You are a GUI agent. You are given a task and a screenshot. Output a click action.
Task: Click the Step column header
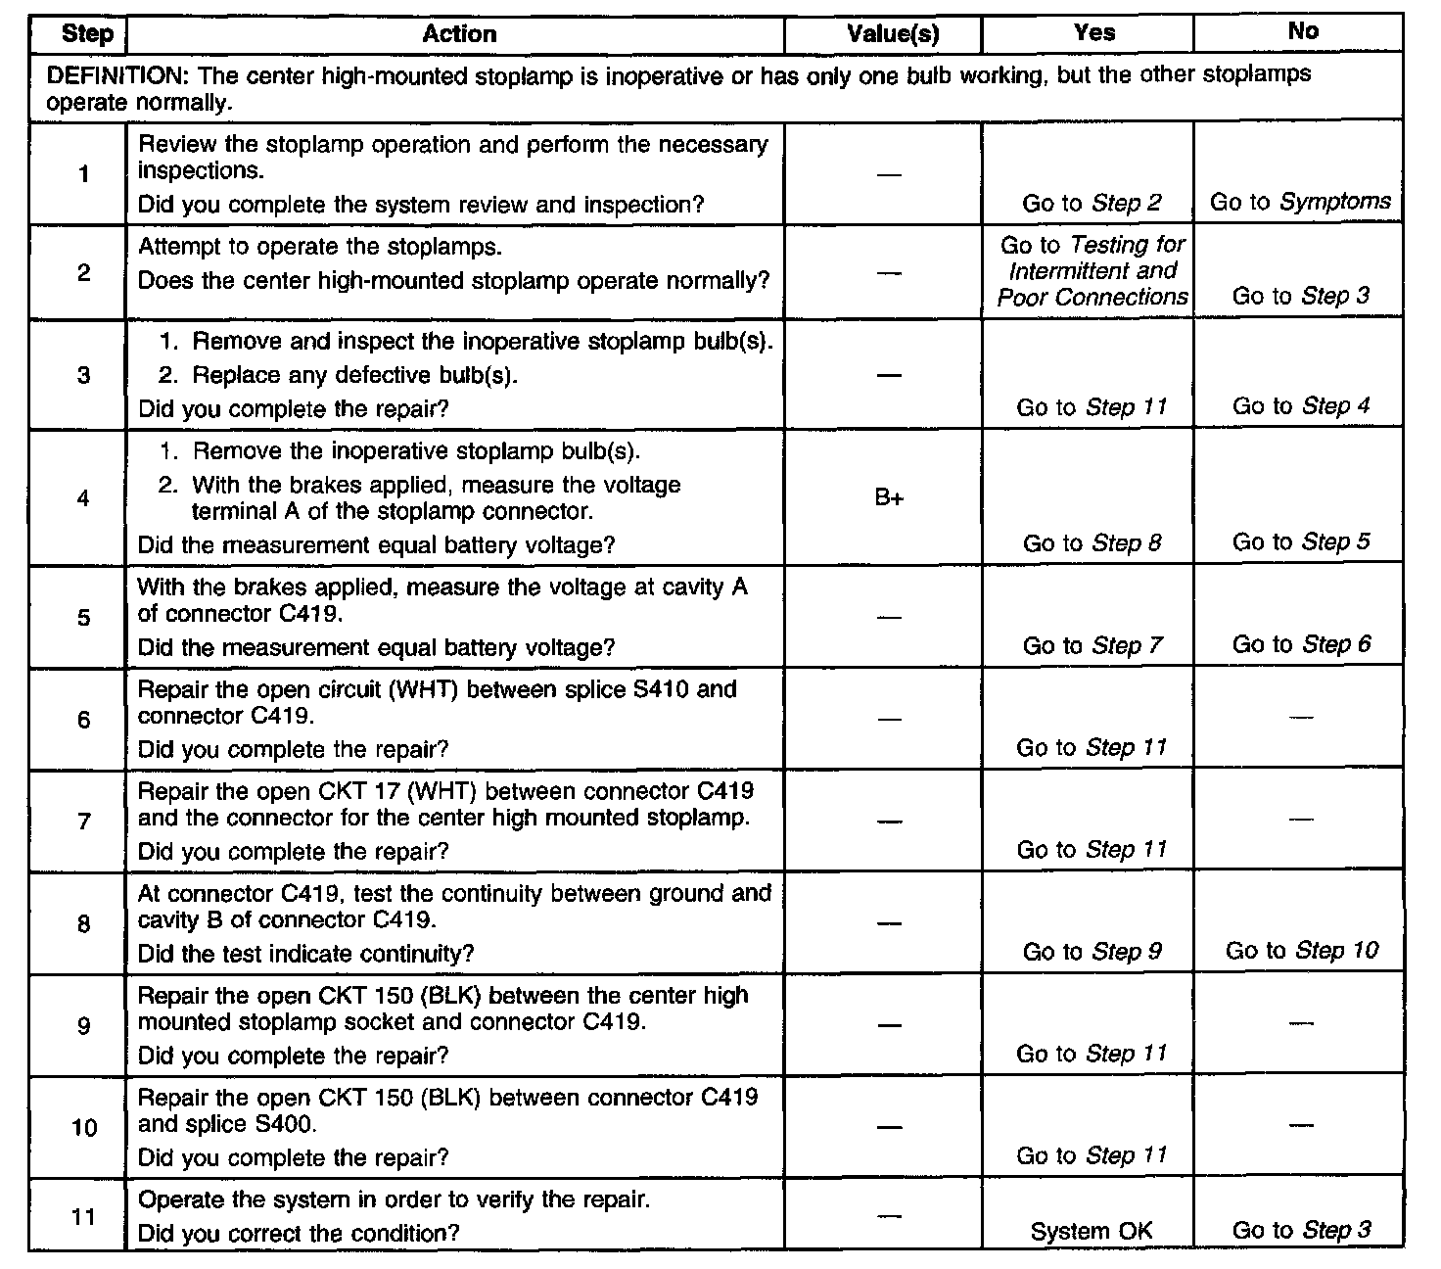coord(87,34)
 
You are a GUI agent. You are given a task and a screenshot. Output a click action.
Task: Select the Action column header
coord(459,34)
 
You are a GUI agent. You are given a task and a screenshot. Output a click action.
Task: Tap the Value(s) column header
coord(892,34)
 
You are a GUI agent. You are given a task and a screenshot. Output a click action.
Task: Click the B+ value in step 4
coord(889,498)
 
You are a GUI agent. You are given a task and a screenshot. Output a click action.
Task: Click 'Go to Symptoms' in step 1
coord(1300,202)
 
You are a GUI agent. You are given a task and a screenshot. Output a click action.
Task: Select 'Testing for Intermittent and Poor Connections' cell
coord(1092,271)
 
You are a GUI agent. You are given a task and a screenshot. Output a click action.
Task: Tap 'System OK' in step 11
coord(1092,1232)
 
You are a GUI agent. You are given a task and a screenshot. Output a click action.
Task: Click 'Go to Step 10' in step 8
coord(1301,950)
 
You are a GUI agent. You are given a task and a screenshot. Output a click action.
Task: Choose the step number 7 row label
coord(84,822)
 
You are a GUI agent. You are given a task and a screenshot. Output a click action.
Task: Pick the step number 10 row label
coord(84,1128)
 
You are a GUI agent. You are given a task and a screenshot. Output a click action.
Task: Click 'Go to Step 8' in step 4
coord(1092,543)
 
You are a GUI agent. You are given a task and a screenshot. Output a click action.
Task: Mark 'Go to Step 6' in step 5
coord(1301,644)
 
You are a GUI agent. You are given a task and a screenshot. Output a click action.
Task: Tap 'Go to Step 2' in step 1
coord(1092,204)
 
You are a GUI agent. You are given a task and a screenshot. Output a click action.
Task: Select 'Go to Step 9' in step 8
coord(1092,952)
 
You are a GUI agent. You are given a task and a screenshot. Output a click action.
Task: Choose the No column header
coord(1302,31)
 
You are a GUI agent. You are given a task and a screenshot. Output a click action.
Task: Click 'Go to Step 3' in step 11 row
coord(1301,1231)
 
